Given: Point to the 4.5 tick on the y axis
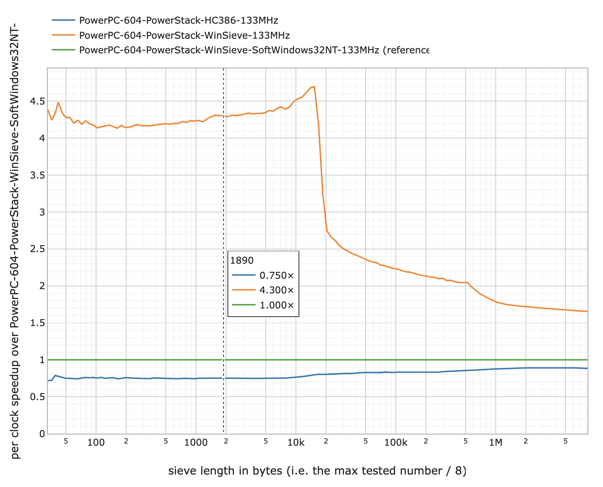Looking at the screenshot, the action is click(x=37, y=101).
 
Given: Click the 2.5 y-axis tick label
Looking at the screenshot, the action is click(x=37, y=249).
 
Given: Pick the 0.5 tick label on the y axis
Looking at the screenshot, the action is click(x=37, y=397).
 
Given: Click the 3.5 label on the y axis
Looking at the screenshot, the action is click(x=37, y=175).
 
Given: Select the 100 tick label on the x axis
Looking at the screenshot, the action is click(x=96, y=442).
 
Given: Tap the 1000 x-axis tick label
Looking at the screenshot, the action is click(x=196, y=442).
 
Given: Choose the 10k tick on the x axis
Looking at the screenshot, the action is click(x=296, y=442).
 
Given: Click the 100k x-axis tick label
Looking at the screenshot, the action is click(x=396, y=442).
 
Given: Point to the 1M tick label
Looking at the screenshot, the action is click(x=496, y=442).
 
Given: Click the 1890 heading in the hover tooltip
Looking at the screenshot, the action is click(x=242, y=260).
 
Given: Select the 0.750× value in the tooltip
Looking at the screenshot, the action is click(x=277, y=275).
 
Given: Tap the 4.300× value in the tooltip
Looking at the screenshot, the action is click(x=277, y=290).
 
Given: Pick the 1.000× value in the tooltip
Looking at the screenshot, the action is click(x=277, y=305).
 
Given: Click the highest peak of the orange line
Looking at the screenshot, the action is click(x=314, y=87).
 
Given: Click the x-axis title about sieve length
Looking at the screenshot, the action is click(x=317, y=471).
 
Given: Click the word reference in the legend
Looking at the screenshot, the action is click(x=406, y=50).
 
